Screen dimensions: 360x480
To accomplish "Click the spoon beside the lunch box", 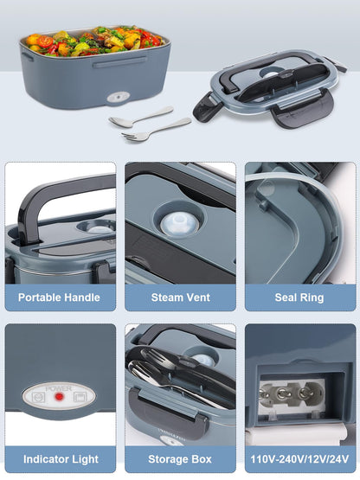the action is (141, 117).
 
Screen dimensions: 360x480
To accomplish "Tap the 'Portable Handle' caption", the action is (59, 298).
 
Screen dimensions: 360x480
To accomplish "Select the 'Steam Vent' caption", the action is (181, 298).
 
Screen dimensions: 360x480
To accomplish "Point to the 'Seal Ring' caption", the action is (299, 298).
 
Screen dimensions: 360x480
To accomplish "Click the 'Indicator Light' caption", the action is (61, 459).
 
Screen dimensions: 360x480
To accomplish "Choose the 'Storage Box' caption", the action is (180, 459).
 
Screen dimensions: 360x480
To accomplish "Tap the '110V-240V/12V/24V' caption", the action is (299, 459).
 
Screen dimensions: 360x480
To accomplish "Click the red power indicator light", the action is (59, 397).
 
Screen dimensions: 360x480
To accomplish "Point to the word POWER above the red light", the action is (59, 389).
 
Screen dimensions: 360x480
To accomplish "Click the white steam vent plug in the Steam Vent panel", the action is (179, 224).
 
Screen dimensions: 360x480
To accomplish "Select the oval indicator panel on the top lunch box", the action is (118, 97).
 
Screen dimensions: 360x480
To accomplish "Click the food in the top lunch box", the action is (94, 42).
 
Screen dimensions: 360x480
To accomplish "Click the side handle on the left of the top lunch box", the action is (27, 56).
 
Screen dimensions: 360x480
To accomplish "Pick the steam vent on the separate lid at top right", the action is (271, 74).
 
